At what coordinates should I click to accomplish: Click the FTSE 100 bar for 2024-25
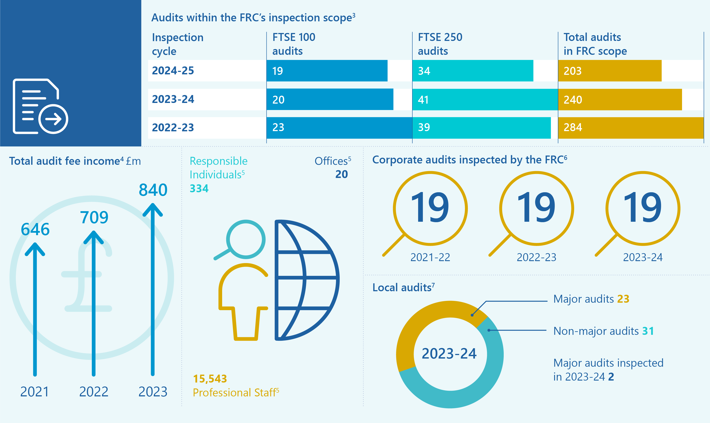pos(327,71)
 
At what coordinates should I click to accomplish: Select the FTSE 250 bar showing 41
pos(485,99)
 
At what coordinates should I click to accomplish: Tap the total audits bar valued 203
pos(610,71)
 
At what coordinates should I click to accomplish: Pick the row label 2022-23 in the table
pos(173,127)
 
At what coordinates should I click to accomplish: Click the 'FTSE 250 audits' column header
pos(440,44)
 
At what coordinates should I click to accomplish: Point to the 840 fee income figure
pos(153,190)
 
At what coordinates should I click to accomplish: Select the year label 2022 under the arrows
pos(94,392)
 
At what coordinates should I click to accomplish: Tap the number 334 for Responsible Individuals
pos(199,189)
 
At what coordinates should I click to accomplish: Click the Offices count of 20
pos(341,174)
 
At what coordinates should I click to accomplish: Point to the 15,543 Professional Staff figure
pos(210,379)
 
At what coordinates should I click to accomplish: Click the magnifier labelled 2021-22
pos(430,208)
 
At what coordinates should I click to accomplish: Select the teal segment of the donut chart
pos(468,390)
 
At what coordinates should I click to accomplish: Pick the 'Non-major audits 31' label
pos(603,331)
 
